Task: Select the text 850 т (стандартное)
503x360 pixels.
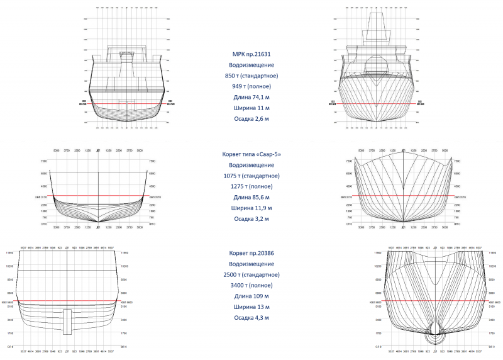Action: click(251, 76)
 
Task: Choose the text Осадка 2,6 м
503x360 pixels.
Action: click(251, 118)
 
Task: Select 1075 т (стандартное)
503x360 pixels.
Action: click(251, 176)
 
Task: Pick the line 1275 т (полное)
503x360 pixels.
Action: click(251, 186)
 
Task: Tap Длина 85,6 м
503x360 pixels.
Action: click(251, 197)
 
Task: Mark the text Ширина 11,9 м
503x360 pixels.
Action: click(251, 208)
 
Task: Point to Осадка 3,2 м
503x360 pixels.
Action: click(251, 218)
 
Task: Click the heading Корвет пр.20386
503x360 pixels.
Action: click(251, 253)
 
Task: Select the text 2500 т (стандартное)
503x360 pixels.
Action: click(251, 274)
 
